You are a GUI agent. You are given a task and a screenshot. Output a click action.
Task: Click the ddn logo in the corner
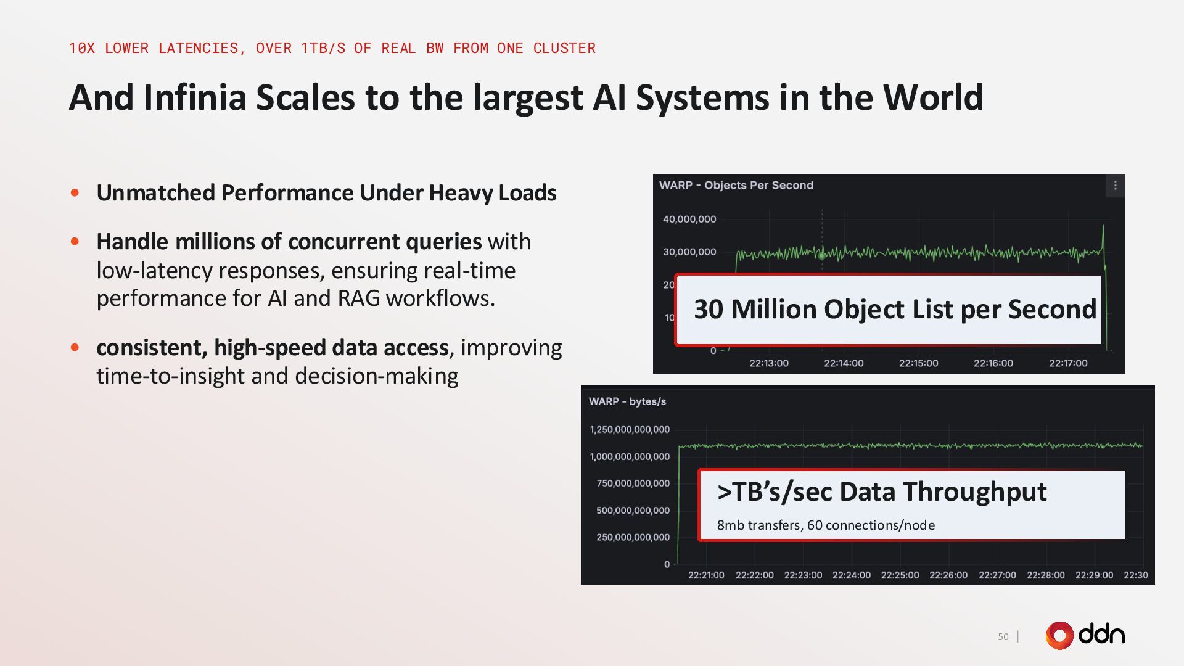[1085, 635]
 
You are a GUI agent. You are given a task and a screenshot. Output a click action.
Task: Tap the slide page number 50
[1003, 636]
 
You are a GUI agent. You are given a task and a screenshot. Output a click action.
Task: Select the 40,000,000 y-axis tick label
[689, 219]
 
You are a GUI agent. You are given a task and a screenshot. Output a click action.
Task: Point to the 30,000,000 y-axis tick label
[689, 252]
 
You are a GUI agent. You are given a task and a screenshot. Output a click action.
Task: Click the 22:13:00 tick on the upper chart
[768, 363]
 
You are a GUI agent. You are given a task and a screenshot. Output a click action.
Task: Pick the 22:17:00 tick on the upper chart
[1068, 363]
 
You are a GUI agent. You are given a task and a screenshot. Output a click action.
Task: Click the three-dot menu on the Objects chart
[1115, 186]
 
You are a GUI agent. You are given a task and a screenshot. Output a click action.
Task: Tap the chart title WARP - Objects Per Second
[736, 186]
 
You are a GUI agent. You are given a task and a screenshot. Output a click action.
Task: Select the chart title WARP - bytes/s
[627, 401]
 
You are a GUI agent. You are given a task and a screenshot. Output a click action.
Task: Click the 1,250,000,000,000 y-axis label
[630, 430]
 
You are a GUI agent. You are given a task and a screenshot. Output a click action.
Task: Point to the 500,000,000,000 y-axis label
[633, 511]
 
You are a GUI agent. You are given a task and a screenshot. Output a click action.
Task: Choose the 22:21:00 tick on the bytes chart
[706, 575]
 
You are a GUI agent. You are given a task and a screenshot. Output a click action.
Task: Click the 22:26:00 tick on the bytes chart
[948, 575]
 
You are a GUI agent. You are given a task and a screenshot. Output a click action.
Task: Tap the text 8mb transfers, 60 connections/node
[826, 525]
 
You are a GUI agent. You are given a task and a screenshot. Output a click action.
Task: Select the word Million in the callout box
[774, 309]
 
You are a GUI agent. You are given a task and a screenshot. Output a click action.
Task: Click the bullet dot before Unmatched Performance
[75, 193]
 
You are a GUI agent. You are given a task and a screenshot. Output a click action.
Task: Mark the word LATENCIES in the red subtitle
[202, 48]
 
